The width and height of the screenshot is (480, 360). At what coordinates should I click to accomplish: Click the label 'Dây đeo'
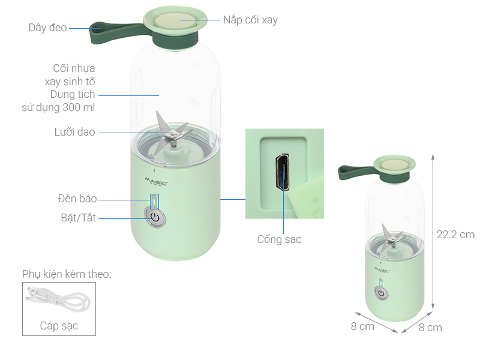[47, 28]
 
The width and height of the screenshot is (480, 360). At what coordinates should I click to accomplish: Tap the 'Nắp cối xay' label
[250, 20]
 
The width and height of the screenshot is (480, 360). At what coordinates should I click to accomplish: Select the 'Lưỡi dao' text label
[74, 132]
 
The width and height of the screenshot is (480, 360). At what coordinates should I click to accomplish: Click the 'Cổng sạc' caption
[279, 239]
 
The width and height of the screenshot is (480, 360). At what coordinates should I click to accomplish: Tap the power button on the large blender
[155, 217]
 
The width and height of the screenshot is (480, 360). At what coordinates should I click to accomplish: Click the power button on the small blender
[381, 293]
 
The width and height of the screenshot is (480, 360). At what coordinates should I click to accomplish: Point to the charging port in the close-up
[281, 172]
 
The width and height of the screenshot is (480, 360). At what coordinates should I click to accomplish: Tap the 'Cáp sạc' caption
[59, 326]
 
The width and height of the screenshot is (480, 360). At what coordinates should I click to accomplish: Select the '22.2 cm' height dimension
[455, 235]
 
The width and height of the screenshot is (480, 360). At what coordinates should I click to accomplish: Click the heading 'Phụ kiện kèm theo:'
[67, 274]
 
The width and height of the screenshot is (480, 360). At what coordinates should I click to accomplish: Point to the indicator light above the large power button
[155, 199]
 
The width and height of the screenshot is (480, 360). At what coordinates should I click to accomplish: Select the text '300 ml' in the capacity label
[78, 107]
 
